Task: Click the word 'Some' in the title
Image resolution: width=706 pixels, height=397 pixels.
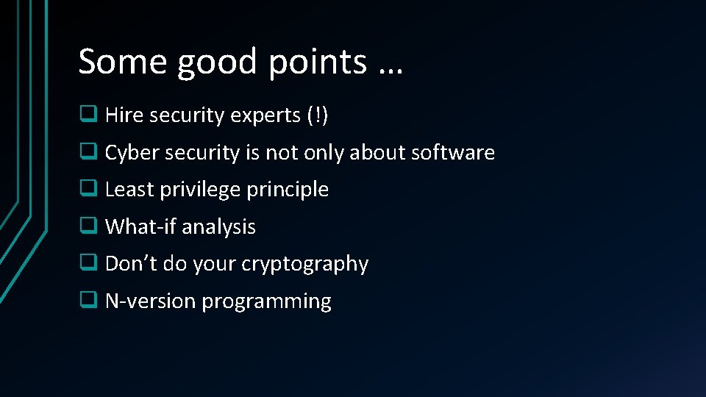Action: coord(122,61)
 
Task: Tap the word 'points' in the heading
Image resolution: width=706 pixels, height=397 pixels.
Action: coord(317,62)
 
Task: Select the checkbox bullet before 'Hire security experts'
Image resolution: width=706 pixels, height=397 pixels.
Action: coord(88,115)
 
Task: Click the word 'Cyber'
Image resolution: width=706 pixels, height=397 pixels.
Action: coord(132,152)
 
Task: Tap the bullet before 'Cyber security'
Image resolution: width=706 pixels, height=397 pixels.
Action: coord(88,152)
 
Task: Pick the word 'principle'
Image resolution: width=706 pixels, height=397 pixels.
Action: coord(288,190)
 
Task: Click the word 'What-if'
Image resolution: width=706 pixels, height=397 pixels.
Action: coord(140,226)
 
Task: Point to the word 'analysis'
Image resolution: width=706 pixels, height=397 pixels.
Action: coord(218,226)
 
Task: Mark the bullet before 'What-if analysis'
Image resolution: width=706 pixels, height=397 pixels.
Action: coord(88,226)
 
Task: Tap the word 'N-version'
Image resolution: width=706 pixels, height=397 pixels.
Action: coord(151,301)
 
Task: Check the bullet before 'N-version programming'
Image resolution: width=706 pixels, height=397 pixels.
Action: coord(88,301)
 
